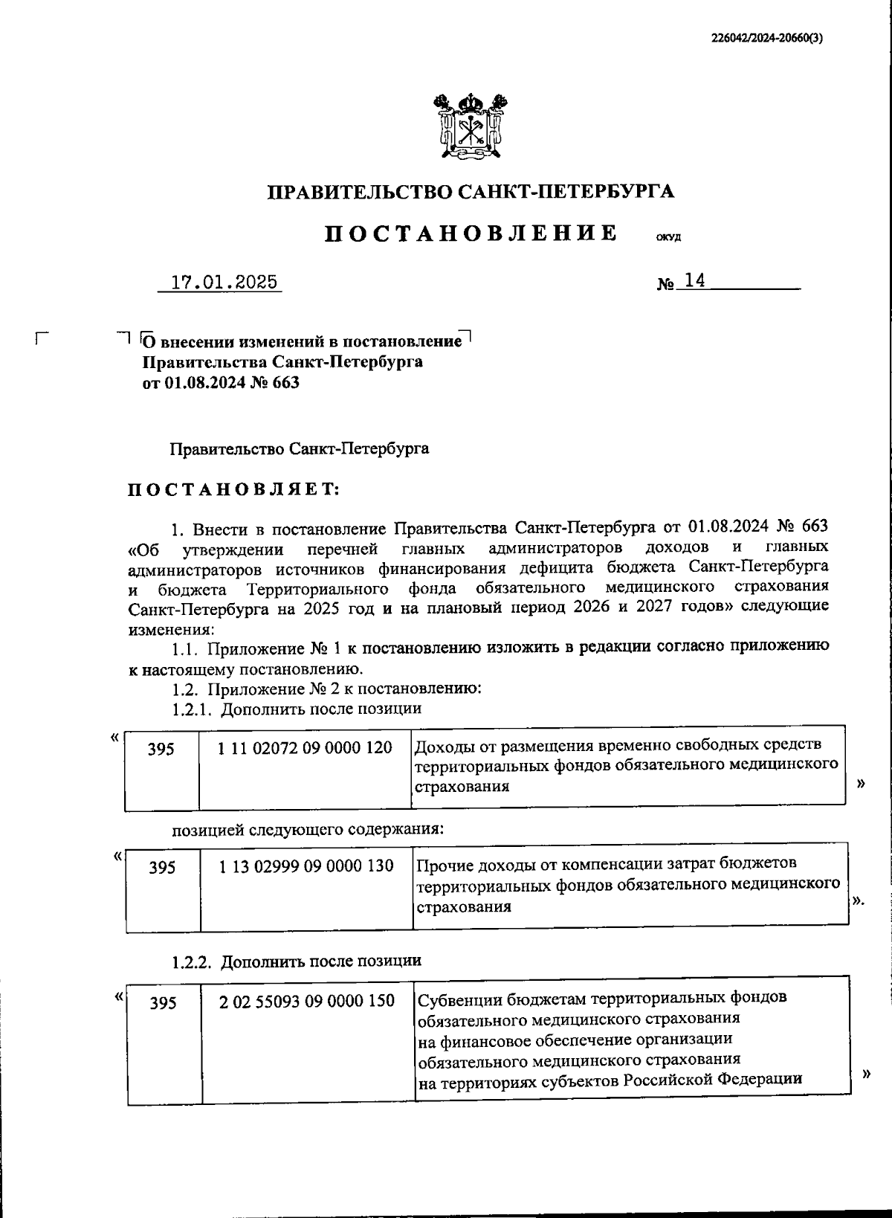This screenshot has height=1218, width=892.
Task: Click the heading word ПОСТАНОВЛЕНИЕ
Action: coord(471,233)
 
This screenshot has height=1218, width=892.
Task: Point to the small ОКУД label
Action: coord(668,239)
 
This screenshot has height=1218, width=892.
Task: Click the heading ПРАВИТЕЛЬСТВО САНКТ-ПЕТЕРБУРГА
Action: coord(471,192)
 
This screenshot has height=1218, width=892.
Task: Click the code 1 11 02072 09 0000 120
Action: coord(304,747)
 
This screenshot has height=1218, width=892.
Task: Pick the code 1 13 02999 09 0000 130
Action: coord(306,866)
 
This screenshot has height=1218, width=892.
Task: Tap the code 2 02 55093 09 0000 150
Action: coord(306,1001)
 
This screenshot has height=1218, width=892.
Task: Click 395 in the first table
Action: coord(161,749)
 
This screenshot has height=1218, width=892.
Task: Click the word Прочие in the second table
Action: coord(443,864)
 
